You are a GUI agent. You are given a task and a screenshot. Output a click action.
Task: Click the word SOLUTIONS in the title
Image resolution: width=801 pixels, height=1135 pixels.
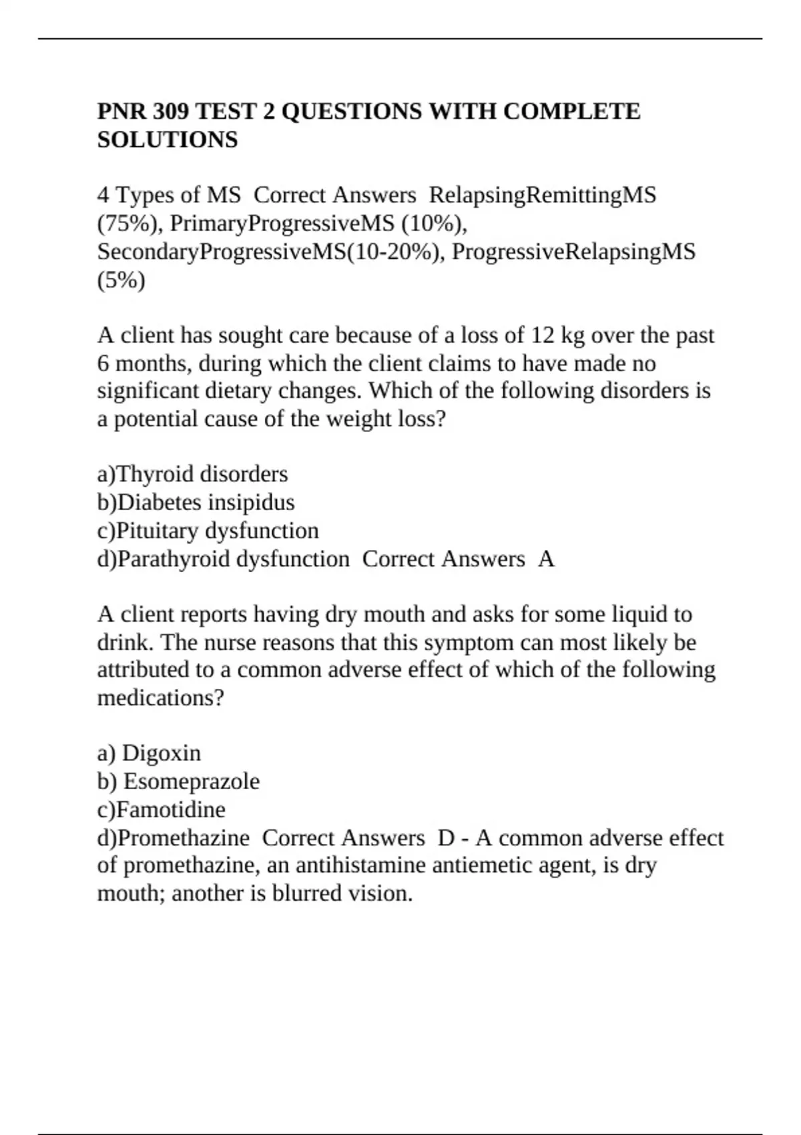click(x=168, y=140)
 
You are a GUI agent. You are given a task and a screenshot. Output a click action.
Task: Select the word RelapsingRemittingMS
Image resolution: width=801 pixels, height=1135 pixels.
click(x=543, y=195)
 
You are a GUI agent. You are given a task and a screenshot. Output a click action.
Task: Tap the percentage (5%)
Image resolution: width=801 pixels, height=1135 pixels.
click(x=121, y=280)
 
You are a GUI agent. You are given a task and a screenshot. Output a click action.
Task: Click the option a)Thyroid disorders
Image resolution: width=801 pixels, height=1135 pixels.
click(x=192, y=474)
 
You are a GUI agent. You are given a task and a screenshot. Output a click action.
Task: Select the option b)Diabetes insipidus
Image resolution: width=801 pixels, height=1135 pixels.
click(x=196, y=502)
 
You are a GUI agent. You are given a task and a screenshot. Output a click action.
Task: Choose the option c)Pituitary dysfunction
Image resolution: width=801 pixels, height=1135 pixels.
click(x=208, y=531)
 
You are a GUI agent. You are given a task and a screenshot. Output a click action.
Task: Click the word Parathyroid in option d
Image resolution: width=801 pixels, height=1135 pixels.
click(x=174, y=559)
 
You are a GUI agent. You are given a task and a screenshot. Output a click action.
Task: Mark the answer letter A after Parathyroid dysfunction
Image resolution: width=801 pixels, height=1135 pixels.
click(x=546, y=559)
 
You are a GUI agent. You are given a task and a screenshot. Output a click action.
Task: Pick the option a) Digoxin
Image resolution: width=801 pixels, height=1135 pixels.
click(x=149, y=753)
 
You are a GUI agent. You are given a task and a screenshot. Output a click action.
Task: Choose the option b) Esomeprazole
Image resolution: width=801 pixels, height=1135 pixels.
click(x=178, y=781)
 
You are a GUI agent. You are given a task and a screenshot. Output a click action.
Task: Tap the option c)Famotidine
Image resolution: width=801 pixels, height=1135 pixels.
click(x=162, y=810)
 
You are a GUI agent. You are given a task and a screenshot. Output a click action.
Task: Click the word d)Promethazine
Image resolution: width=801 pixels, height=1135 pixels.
click(x=174, y=838)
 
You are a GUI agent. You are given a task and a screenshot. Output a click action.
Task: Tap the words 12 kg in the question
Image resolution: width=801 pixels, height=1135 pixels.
click(x=555, y=335)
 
